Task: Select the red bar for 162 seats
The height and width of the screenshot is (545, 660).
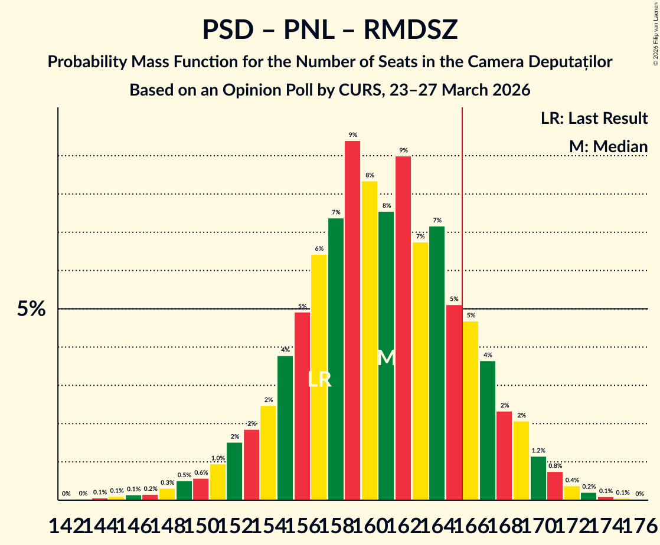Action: [403, 328]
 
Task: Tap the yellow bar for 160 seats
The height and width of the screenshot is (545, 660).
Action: [370, 340]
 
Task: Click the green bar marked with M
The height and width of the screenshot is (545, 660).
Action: [386, 356]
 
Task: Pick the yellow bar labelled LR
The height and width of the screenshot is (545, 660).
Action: [319, 377]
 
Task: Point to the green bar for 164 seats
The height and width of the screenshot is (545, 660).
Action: [437, 363]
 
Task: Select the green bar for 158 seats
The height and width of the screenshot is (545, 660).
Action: [336, 359]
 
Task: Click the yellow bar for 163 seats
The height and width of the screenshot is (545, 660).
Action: [420, 371]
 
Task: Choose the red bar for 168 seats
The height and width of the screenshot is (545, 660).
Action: [504, 455]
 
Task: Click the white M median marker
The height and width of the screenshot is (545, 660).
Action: [386, 357]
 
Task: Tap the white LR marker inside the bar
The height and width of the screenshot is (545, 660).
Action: [319, 379]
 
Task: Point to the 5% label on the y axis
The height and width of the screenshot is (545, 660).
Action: [31, 308]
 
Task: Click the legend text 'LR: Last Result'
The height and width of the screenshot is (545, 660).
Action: [594, 119]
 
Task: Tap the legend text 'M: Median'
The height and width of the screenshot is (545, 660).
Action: [608, 147]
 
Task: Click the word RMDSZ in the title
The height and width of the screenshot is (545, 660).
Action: [410, 30]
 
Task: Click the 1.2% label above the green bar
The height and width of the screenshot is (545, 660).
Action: [538, 450]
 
